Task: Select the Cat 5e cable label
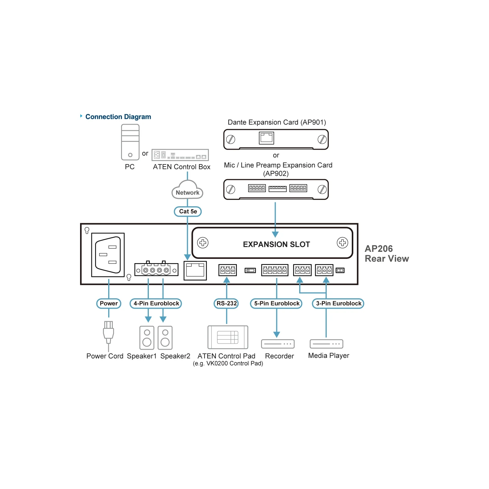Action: (x=188, y=211)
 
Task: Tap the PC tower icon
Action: (x=130, y=142)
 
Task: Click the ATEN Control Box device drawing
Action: (x=180, y=155)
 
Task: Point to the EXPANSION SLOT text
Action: (x=276, y=244)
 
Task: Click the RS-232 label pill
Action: (x=226, y=303)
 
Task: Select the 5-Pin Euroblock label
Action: (x=277, y=303)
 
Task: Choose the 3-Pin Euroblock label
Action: (x=338, y=303)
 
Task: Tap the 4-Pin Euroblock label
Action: (x=156, y=303)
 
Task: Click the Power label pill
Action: (x=108, y=303)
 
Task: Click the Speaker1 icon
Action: (x=147, y=338)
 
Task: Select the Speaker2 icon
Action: (x=165, y=338)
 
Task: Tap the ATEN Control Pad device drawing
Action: (x=228, y=337)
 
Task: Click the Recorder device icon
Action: (x=278, y=344)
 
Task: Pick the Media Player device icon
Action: (x=326, y=344)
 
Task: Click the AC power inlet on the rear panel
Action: (x=108, y=255)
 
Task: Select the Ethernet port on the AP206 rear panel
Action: (x=195, y=270)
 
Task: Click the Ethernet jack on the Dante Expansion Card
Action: (x=267, y=138)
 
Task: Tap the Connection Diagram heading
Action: (x=118, y=117)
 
